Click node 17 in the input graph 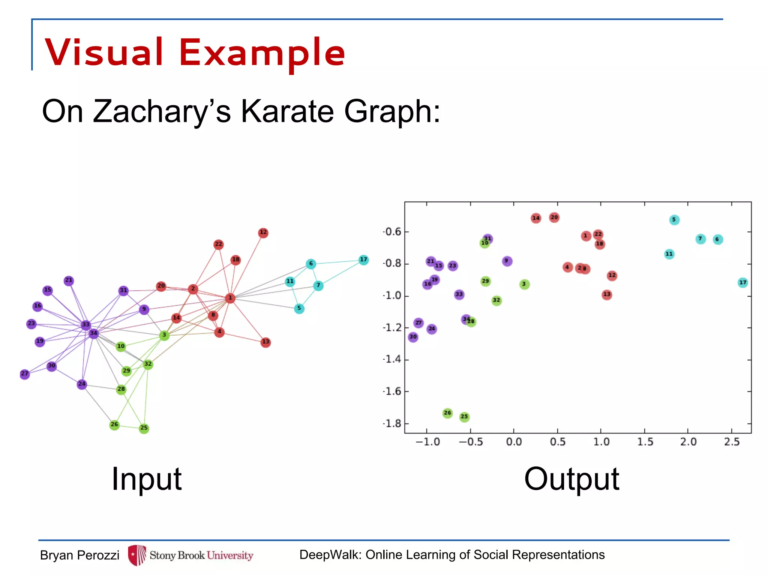363,260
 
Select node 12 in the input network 263,232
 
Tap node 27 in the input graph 24,374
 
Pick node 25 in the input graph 144,428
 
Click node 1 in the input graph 230,298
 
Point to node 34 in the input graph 93,333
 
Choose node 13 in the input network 265,342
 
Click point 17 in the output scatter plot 742,283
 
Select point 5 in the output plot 674,220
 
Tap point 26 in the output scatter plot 447,413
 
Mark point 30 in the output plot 413,337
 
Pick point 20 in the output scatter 554,217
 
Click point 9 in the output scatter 507,261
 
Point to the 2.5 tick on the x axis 732,442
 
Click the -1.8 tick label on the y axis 392,424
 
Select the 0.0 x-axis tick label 514,442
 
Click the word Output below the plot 571,479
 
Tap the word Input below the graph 147,479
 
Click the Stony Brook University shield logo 136,555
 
